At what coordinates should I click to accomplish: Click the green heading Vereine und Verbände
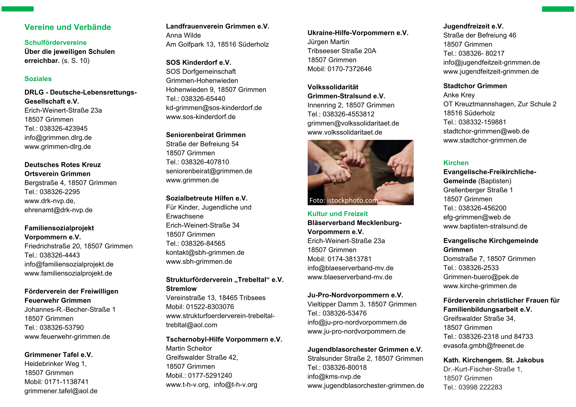pos(68,27)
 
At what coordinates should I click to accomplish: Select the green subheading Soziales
pos(38,79)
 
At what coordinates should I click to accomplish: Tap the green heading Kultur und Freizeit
pos(337,214)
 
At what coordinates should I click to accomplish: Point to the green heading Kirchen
pos(456,163)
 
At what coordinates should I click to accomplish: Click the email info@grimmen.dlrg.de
pos(58,137)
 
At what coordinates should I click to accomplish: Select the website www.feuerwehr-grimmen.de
pos(67,337)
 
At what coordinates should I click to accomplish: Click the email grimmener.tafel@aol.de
pos(61,391)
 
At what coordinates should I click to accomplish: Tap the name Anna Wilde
pos(183,35)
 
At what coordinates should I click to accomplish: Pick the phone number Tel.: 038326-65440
pos(195,99)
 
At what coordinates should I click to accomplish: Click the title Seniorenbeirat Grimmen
pos(206,135)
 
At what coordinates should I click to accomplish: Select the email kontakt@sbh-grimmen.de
pos(205,252)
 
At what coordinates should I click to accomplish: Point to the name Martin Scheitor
pos(189,348)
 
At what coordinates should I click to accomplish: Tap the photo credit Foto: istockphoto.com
pos(343,200)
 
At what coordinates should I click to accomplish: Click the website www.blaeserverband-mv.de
pos(350,277)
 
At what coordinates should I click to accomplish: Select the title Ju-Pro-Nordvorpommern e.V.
pos(355,295)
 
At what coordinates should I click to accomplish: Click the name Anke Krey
pos(459,95)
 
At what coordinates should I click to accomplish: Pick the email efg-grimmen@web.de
pos(477,217)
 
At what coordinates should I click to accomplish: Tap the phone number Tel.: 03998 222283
pos(473,387)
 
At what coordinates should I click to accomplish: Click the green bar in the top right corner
pos(558,9)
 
